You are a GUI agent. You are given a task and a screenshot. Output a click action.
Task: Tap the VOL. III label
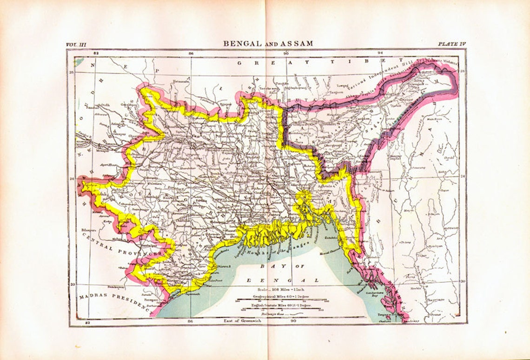76,44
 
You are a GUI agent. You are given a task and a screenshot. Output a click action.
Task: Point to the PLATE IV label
451,44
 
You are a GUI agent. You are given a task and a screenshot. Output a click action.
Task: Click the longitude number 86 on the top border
191,53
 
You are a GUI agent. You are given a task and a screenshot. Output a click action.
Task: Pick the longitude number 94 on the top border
380,53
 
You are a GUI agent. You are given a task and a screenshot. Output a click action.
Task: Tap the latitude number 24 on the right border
462,177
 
